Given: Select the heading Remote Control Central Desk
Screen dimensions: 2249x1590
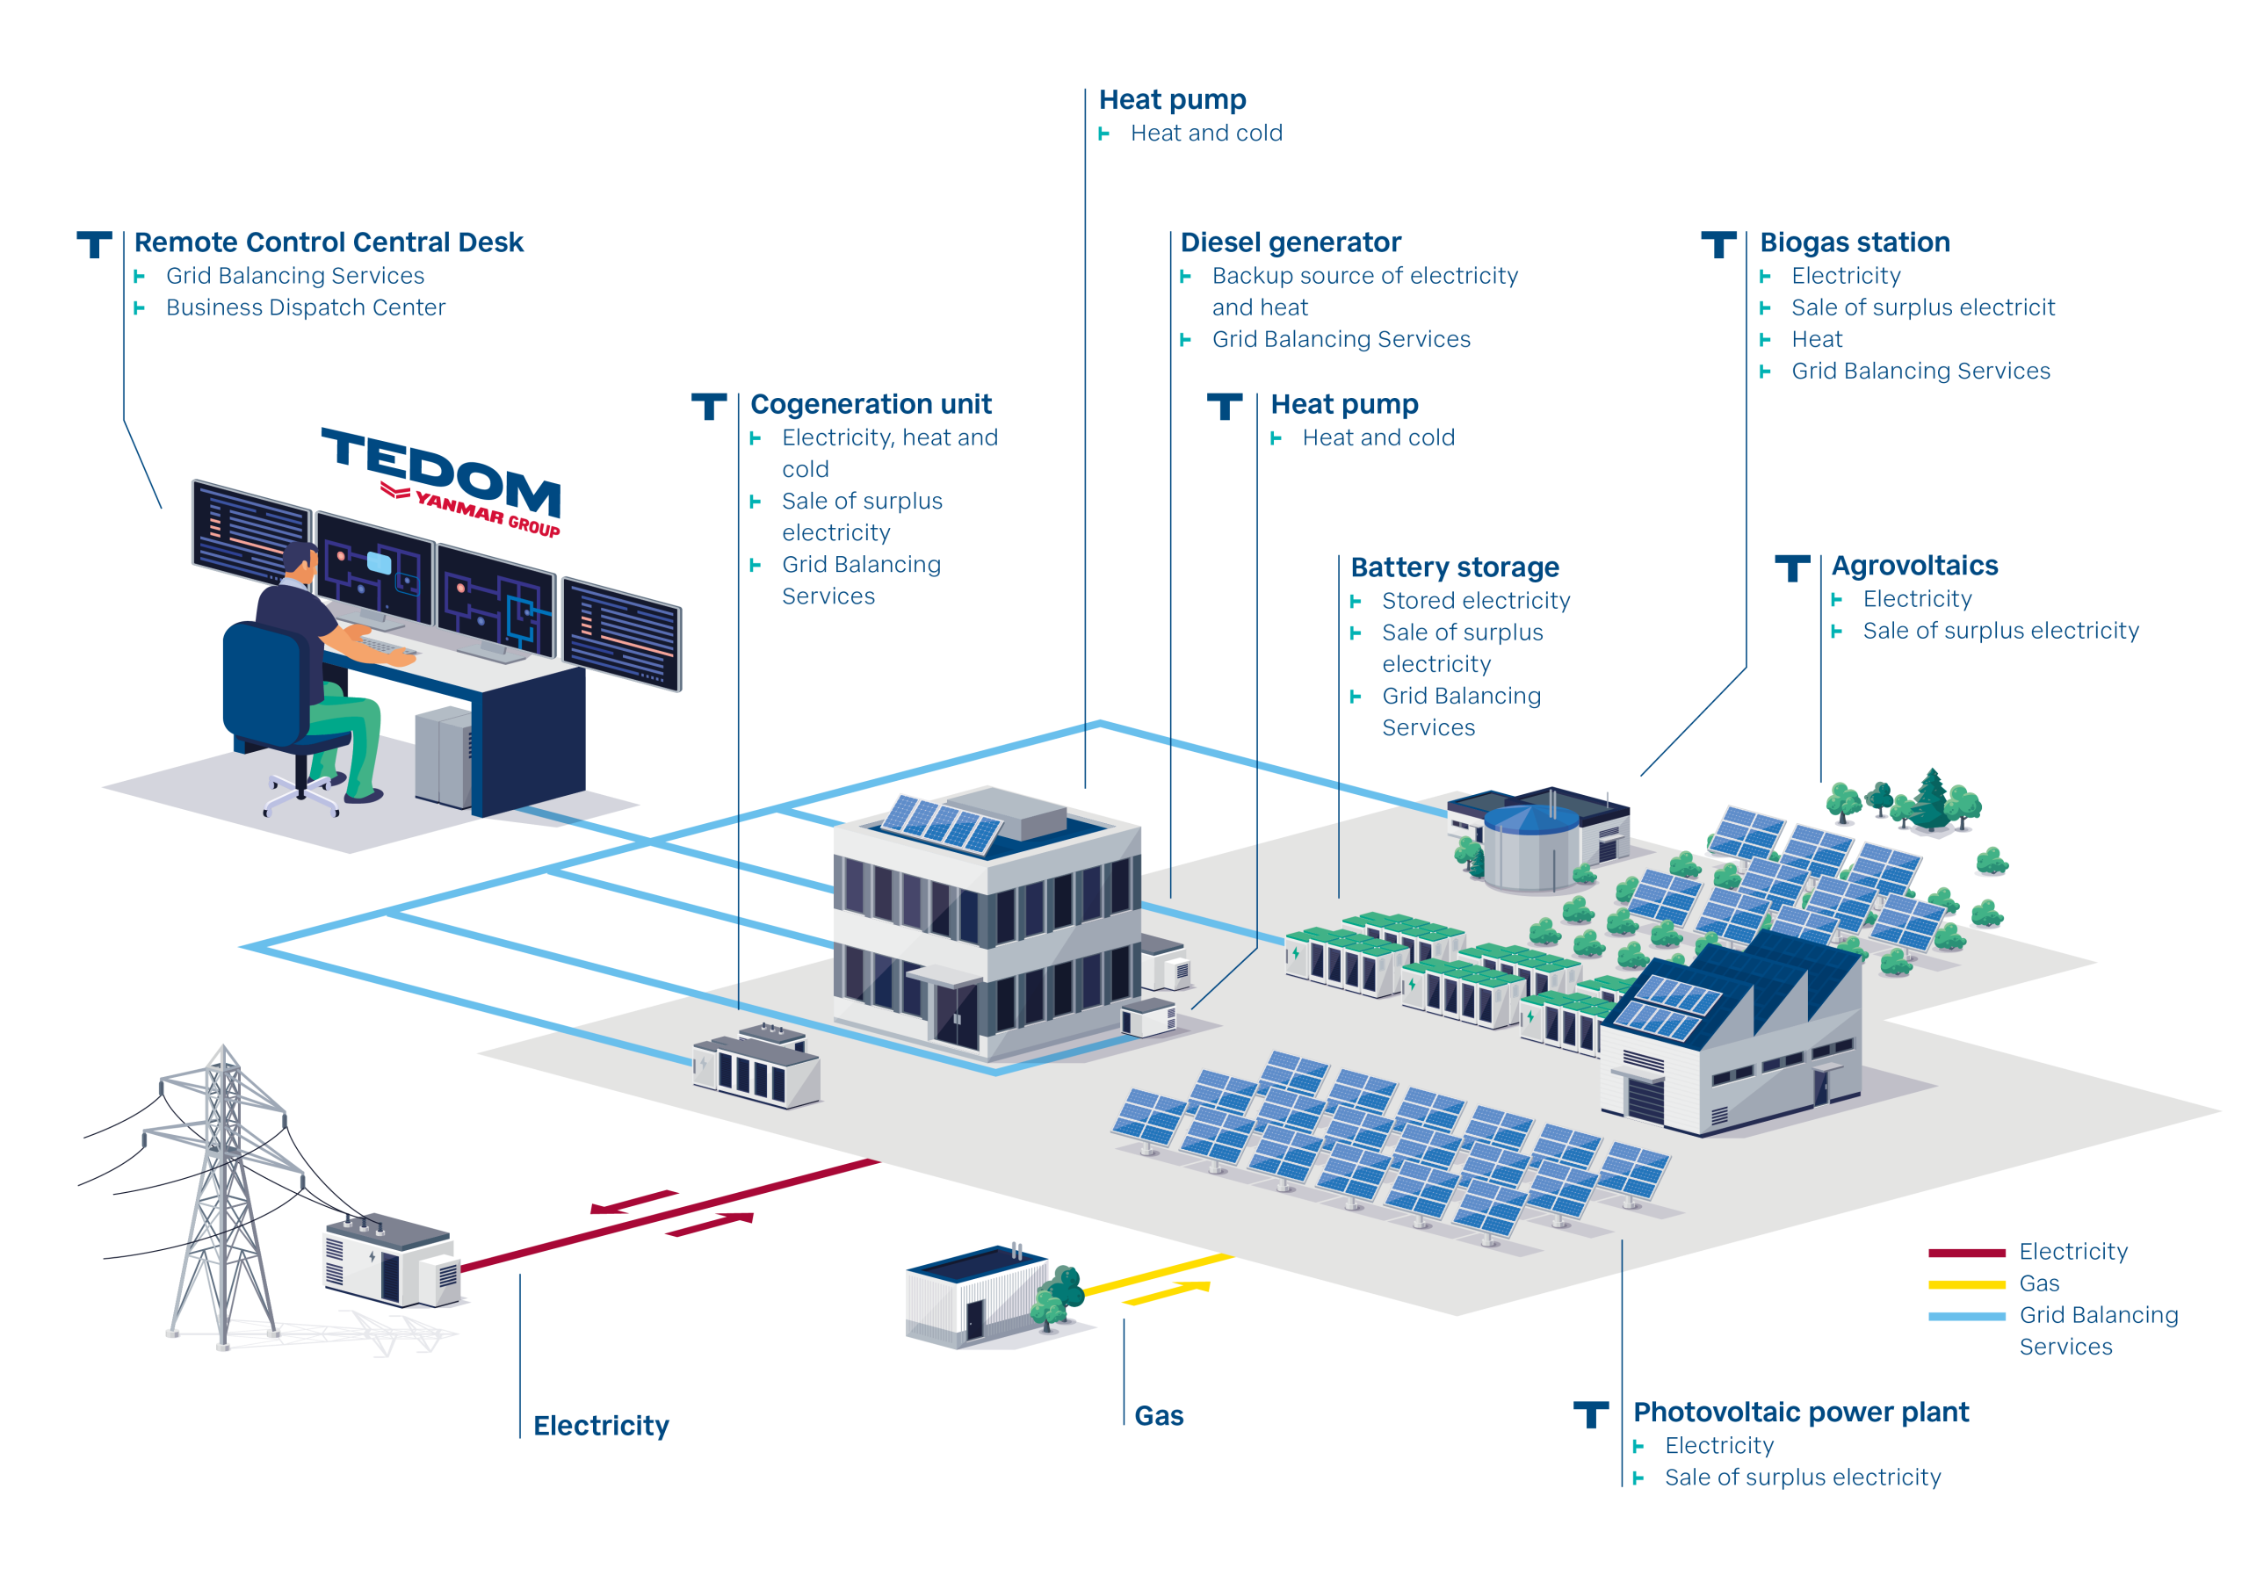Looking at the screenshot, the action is (329, 242).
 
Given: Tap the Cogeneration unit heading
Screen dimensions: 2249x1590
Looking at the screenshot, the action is (871, 403).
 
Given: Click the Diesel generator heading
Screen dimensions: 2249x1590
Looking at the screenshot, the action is (1290, 242).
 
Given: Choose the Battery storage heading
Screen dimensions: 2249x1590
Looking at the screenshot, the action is (1455, 567).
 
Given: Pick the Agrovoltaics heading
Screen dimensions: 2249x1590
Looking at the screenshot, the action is (1914, 565).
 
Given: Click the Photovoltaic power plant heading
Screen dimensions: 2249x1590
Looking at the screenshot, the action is (1800, 1412).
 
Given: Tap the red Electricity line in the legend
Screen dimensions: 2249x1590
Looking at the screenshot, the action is (1966, 1252).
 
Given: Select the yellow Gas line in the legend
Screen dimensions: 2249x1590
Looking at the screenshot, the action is (1966, 1284).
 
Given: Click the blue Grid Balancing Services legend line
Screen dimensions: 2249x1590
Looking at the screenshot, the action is (1966, 1317).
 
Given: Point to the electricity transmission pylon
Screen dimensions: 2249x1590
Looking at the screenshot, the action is (223, 1196).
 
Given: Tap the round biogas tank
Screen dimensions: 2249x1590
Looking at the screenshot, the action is (1530, 848).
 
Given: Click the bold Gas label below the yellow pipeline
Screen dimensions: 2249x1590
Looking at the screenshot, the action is (1159, 1415).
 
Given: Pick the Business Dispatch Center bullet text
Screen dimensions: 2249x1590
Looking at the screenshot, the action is (306, 307).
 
